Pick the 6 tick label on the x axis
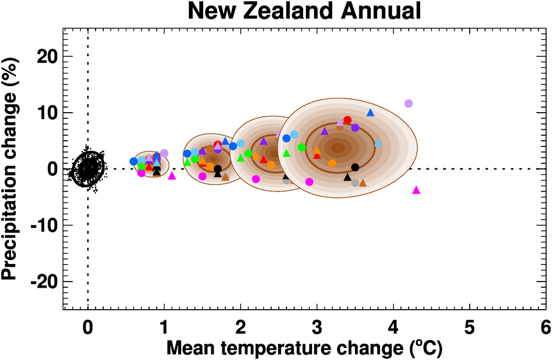pos(545,327)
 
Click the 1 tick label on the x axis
pos(164,327)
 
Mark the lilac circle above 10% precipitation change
pos(408,103)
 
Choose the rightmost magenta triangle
pos(416,190)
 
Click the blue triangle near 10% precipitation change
pos(370,113)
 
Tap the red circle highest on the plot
pos(347,120)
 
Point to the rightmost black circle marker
pos(355,167)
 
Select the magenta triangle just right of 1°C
pos(172,176)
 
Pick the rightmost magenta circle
pos(309,182)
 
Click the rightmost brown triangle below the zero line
pos(363,183)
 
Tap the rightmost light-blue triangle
pos(378,142)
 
